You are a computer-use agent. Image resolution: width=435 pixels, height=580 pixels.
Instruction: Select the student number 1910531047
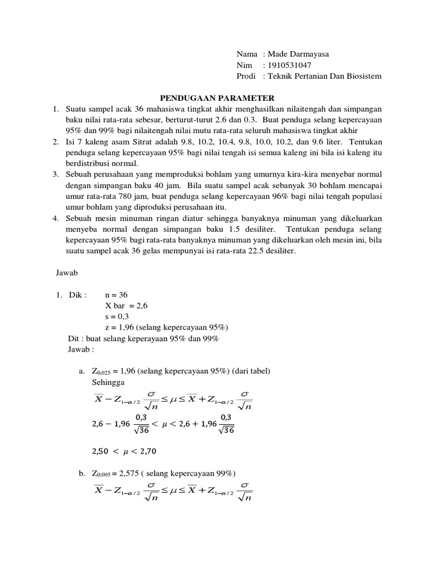pos(289,65)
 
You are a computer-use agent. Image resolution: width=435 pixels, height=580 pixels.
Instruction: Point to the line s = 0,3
pos(117,317)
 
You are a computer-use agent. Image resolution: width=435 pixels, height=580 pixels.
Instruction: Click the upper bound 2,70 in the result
pos(146,452)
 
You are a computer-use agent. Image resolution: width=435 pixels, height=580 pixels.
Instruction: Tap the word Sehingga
pos(107,382)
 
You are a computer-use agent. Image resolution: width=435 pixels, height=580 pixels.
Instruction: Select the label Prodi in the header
pos(246,76)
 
